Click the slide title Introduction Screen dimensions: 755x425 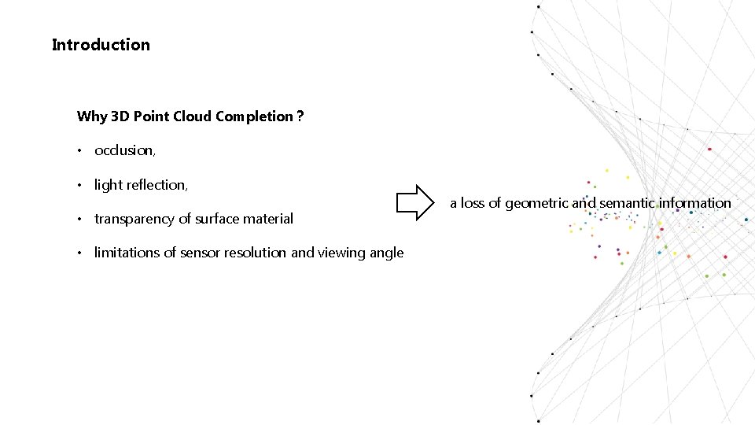coord(101,45)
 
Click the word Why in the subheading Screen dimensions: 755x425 coord(92,116)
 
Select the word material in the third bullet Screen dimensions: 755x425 coord(267,219)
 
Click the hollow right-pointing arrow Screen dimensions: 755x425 coord(415,203)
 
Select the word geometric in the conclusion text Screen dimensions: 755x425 coord(536,203)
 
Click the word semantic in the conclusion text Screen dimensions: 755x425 coord(627,203)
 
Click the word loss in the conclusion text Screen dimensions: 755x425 coord(473,203)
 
